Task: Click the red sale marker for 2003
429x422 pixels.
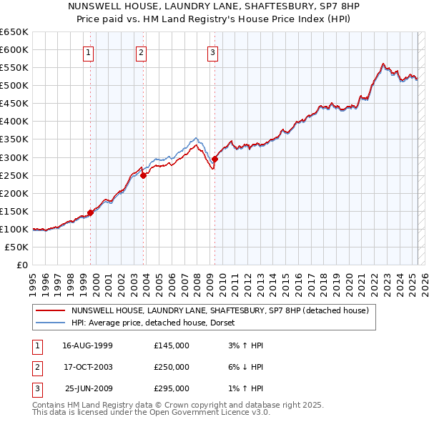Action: click(144, 175)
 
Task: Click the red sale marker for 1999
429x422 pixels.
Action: click(91, 212)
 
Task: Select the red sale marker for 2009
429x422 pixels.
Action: click(215, 158)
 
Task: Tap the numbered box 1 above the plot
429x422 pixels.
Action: click(88, 51)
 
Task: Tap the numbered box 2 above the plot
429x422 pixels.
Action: click(142, 51)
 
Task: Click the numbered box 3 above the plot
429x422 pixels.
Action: click(213, 51)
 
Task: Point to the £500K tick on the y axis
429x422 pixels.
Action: click(15, 85)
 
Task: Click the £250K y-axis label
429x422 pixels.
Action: click(15, 175)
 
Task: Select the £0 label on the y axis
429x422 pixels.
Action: click(21, 265)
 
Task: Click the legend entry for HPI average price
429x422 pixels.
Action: click(157, 323)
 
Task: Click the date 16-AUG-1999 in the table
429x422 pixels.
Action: click(88, 345)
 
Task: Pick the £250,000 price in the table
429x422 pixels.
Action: click(172, 367)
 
